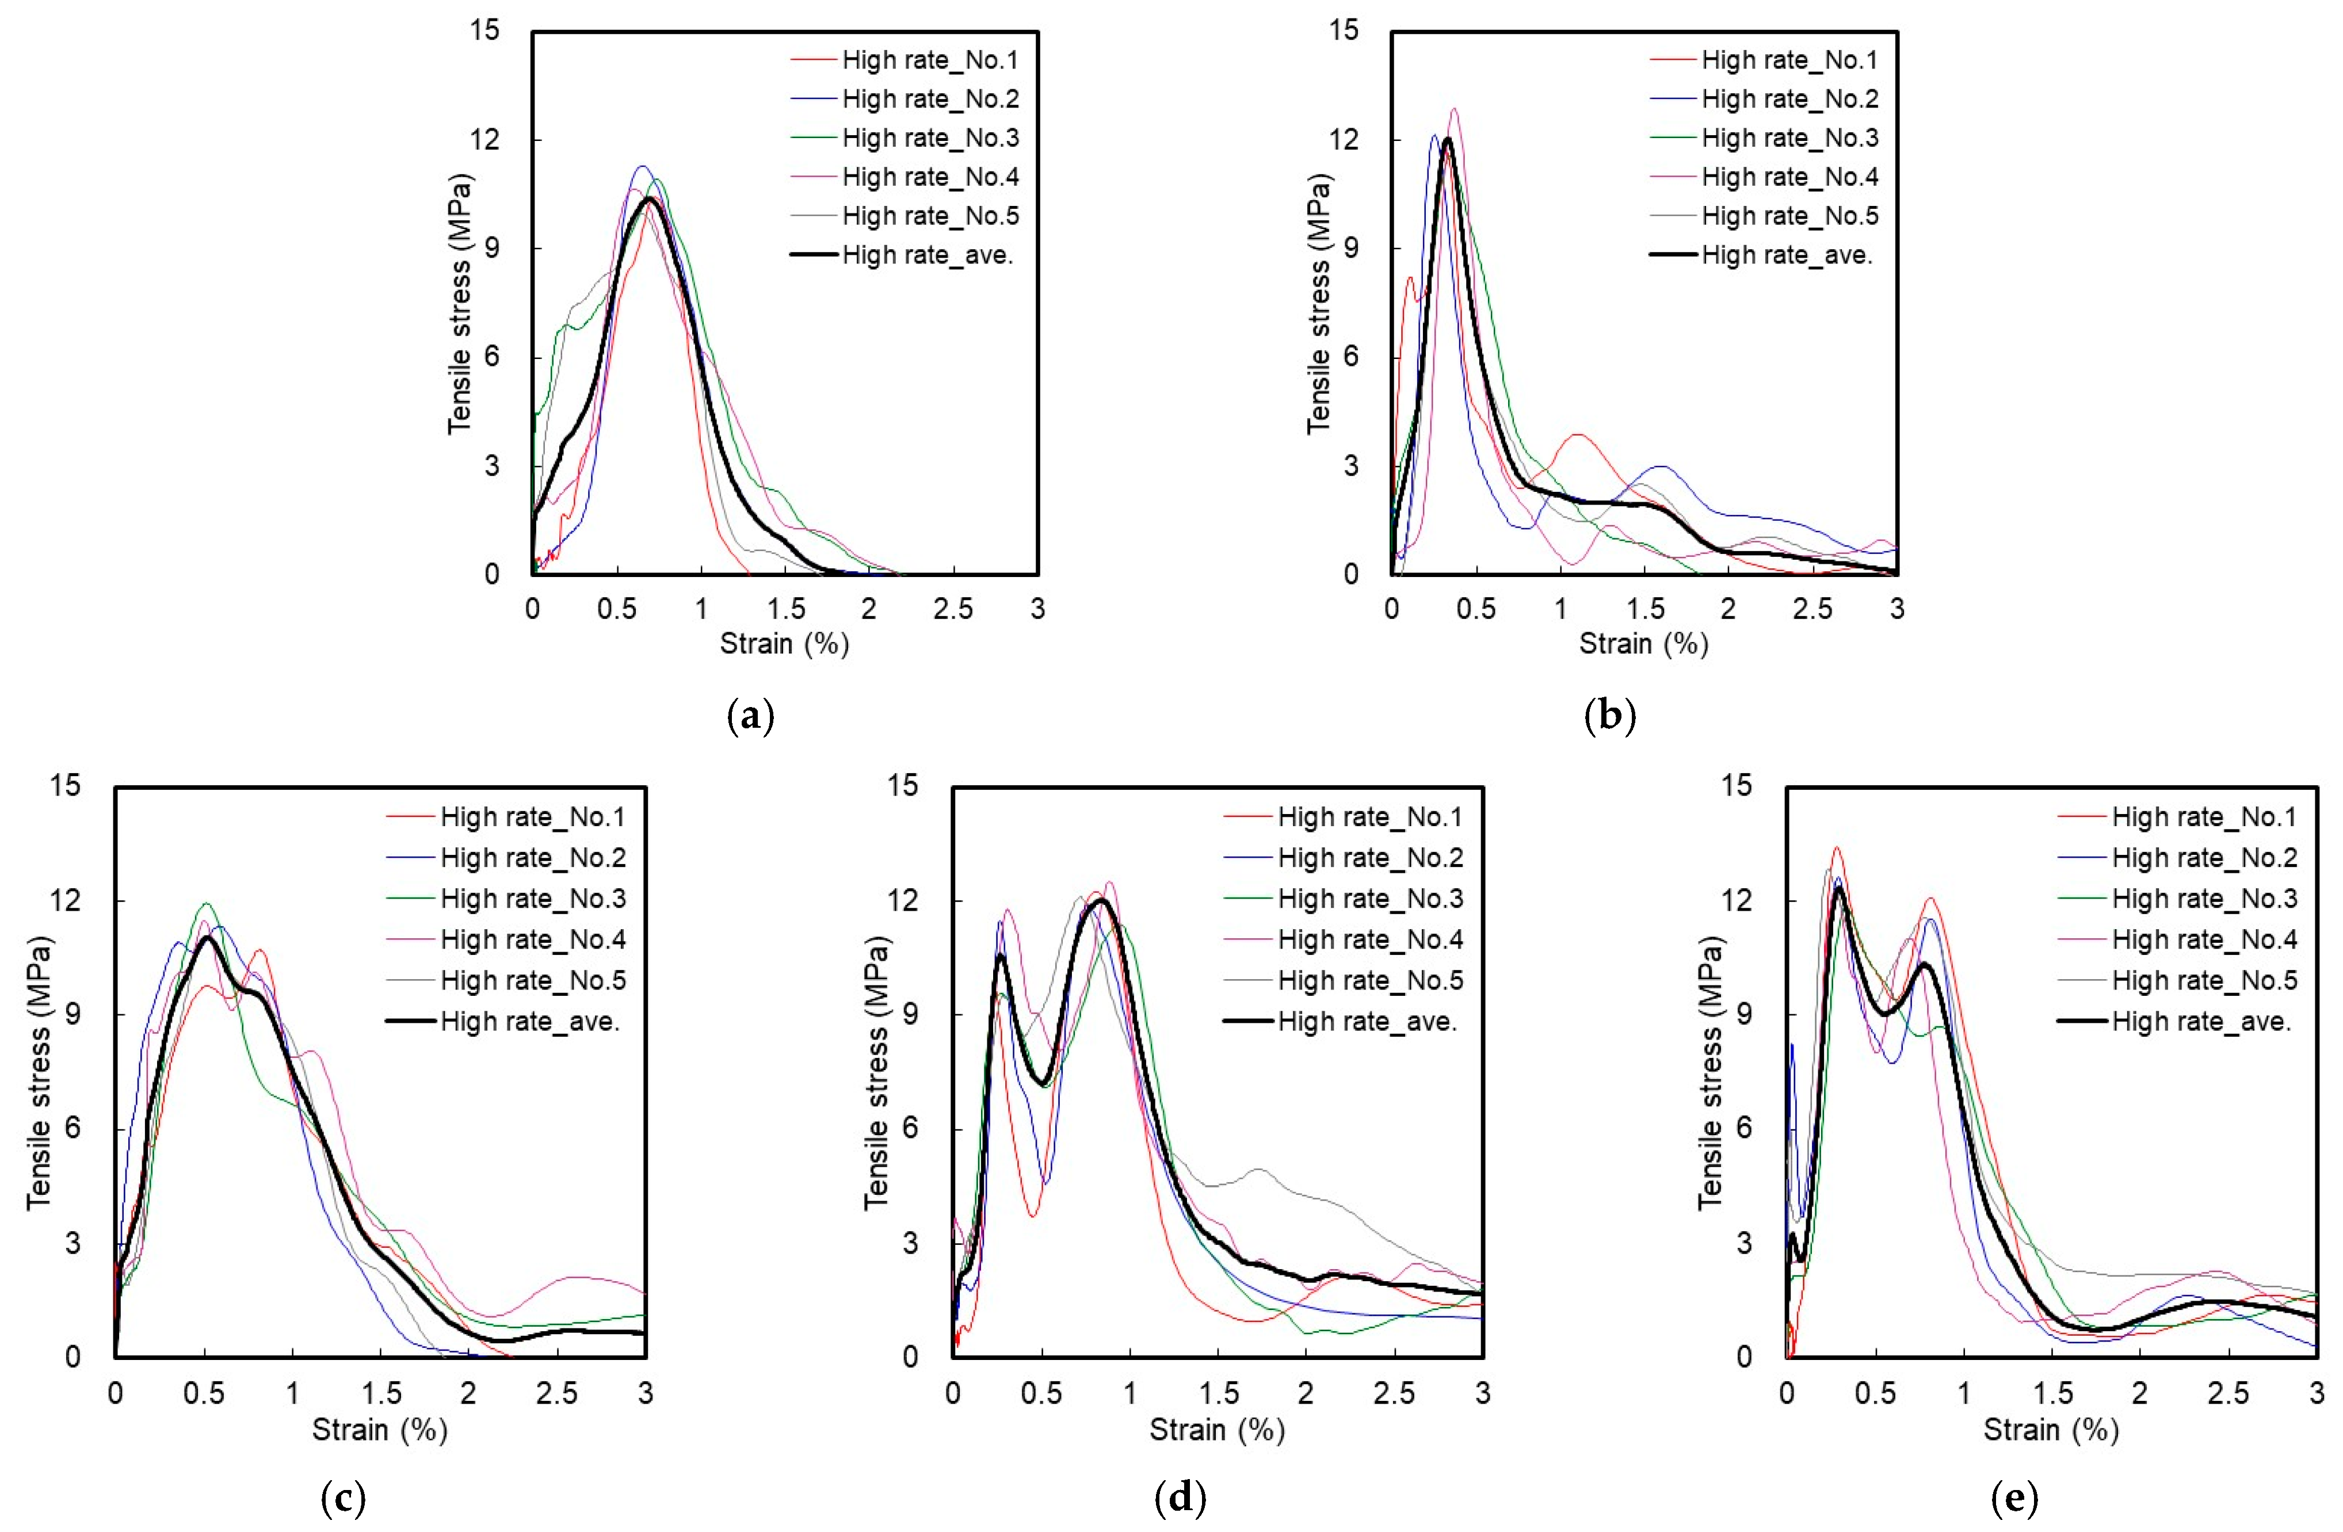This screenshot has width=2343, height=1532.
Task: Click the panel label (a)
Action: [x=750, y=716]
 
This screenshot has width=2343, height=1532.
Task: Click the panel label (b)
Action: [x=1611, y=716]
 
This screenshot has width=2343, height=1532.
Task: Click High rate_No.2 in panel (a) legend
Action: [x=930, y=100]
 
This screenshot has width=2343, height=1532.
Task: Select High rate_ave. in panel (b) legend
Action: [x=1787, y=255]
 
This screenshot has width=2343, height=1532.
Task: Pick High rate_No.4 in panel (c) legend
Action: [x=533, y=940]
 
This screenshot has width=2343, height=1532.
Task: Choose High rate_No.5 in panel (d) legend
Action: [x=1371, y=981]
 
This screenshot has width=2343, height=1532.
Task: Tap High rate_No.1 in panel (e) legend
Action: [x=2204, y=817]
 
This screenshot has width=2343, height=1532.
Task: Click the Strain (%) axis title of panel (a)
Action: [x=785, y=644]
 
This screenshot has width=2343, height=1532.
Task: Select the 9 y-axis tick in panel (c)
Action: [x=73, y=1015]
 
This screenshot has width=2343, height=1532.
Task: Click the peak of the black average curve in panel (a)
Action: [x=650, y=198]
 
